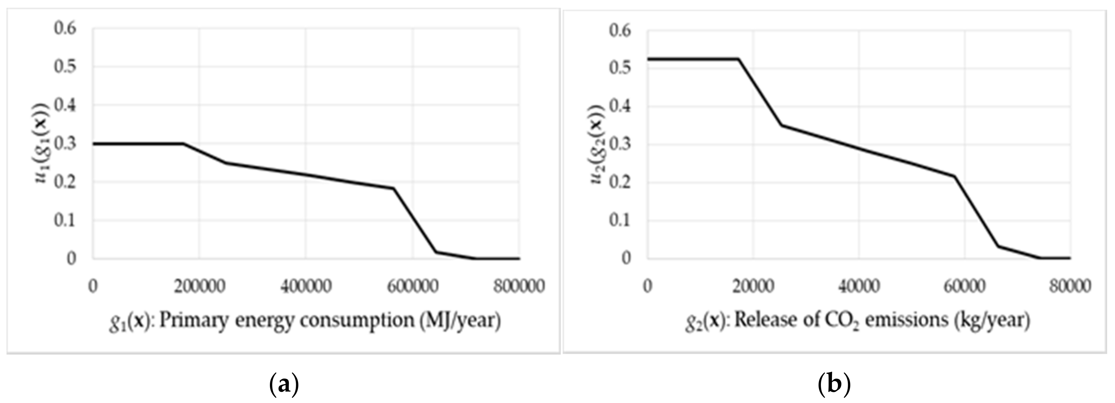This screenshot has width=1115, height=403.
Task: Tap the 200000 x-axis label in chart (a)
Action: pyautogui.click(x=199, y=287)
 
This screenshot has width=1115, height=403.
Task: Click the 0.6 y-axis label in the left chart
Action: pyautogui.click(x=65, y=28)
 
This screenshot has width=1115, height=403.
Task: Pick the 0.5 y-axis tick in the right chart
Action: pyautogui.click(x=620, y=68)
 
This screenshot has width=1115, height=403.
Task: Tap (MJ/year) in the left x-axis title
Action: pyautogui.click(x=460, y=321)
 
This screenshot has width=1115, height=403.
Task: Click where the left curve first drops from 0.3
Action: pyautogui.click(x=183, y=143)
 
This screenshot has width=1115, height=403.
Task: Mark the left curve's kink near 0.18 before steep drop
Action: pyautogui.click(x=394, y=189)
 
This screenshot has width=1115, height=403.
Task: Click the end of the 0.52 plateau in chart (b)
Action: pyautogui.click(x=738, y=59)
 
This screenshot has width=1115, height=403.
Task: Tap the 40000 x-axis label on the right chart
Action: pyautogui.click(x=859, y=287)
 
